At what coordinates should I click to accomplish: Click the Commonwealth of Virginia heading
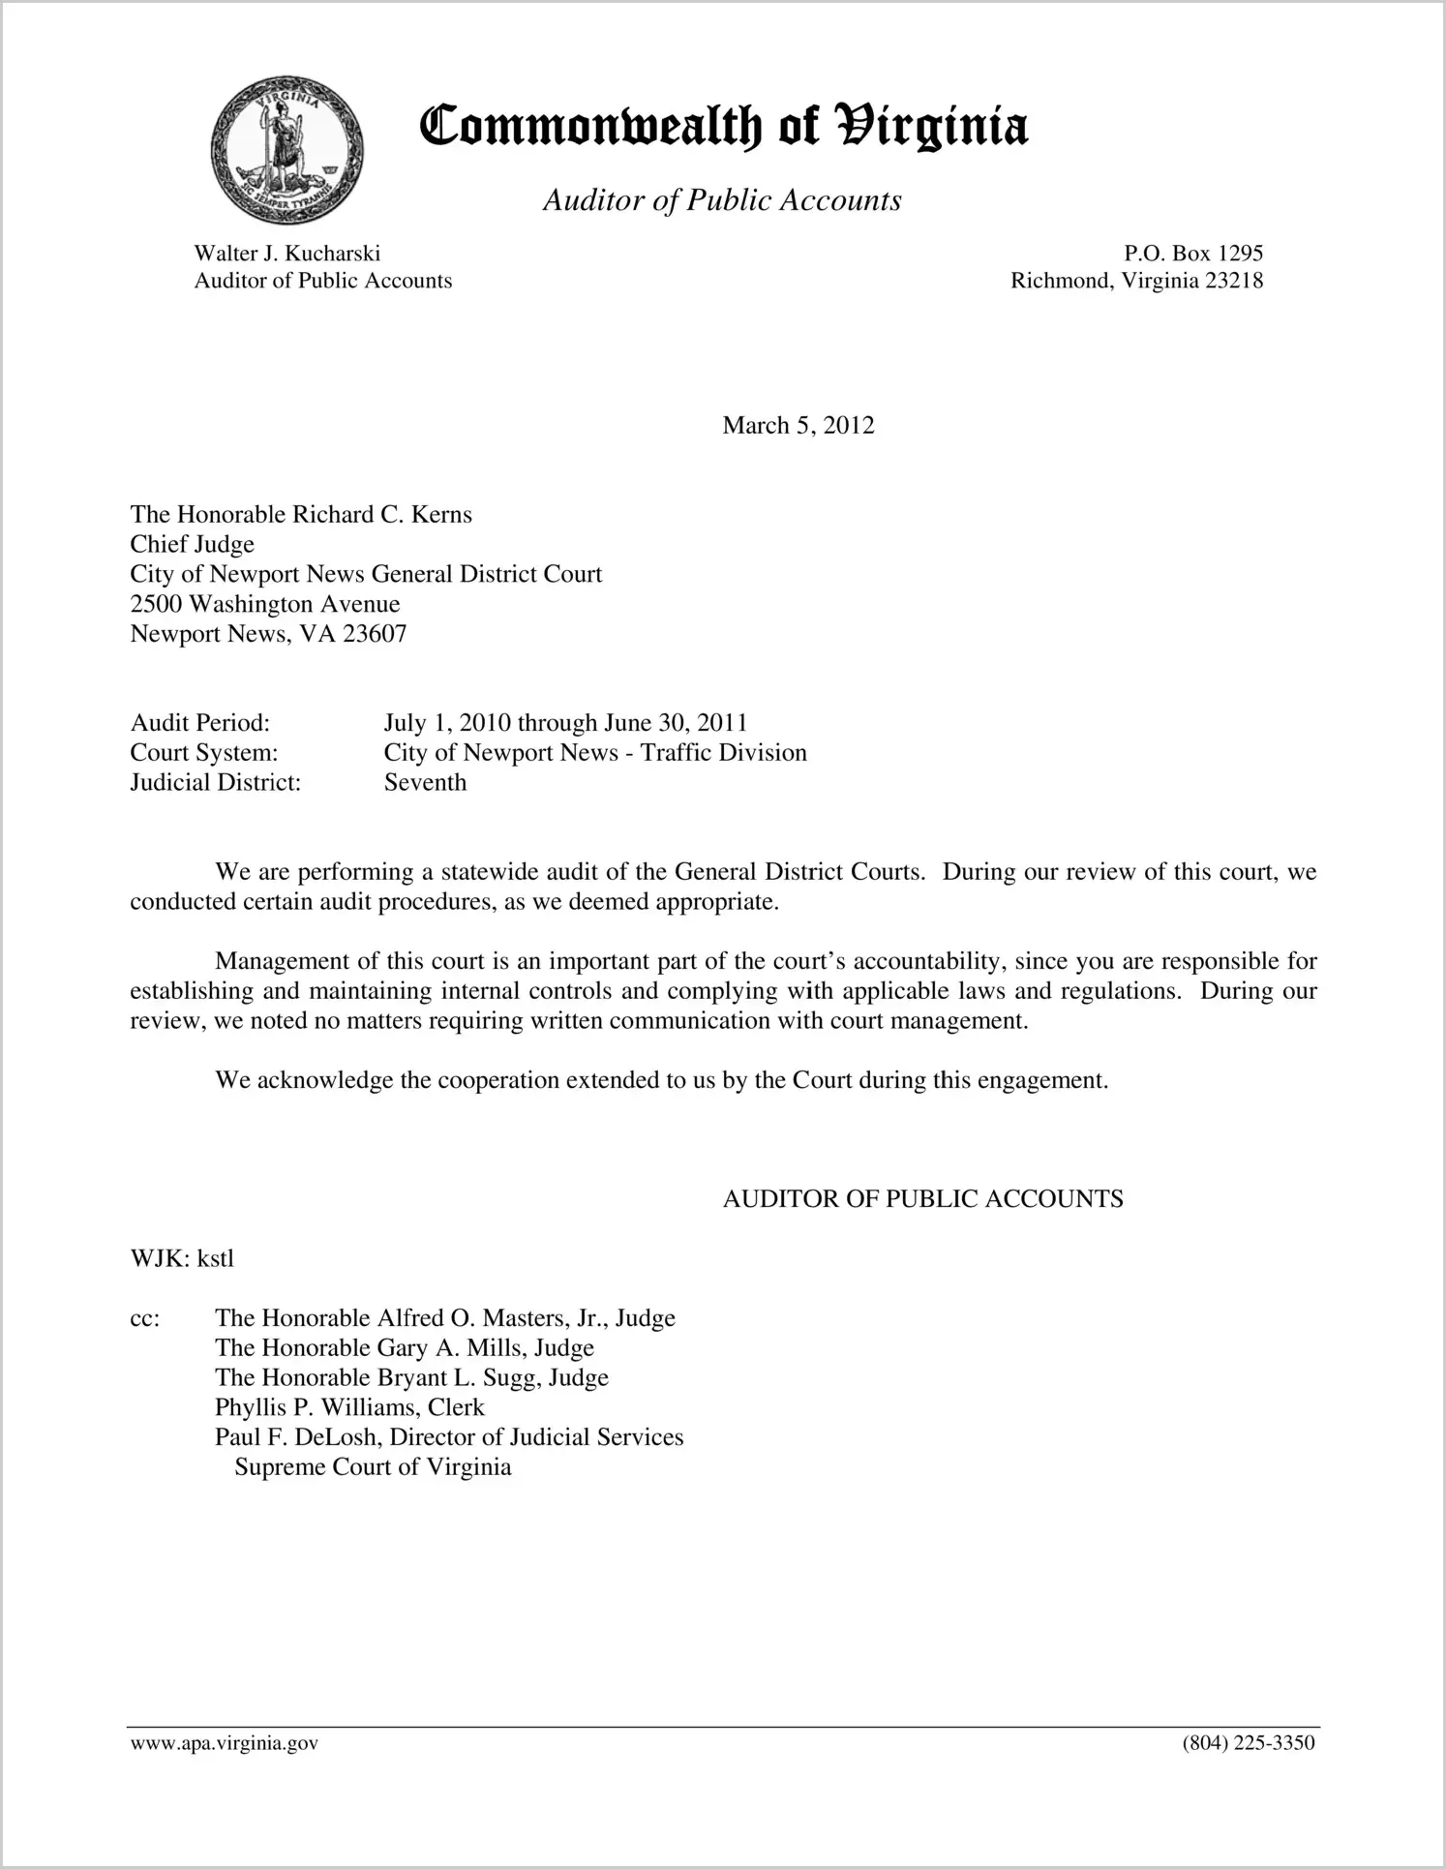723,127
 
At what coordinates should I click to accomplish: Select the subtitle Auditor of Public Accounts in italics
722,200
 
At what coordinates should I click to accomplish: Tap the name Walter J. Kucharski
286,254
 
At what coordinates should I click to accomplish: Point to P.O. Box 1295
1192,254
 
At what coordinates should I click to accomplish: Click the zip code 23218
1234,281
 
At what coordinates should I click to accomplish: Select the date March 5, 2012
798,426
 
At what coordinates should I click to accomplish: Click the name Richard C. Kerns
382,514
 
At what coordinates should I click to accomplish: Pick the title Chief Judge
192,544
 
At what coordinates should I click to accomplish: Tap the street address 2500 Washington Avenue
264,604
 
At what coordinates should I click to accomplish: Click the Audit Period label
199,723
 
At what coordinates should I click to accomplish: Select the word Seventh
425,782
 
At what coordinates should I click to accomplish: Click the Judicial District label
215,782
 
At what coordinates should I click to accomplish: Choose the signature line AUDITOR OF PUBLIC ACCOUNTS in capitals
922,1199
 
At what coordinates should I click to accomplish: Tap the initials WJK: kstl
182,1258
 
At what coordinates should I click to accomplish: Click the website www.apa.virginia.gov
224,1744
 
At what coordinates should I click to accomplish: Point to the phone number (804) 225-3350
1248,1744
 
